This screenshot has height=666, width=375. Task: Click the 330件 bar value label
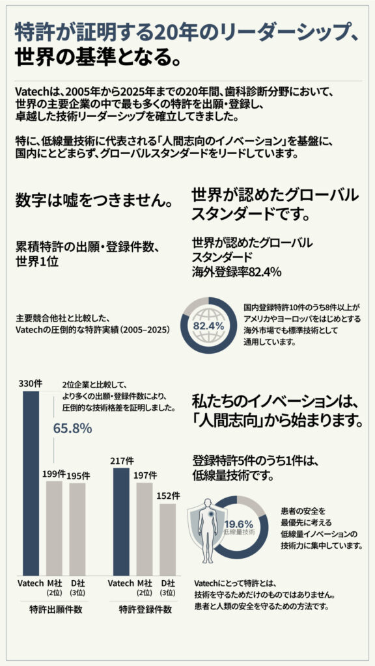click(31, 383)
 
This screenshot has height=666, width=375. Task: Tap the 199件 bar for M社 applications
click(55, 527)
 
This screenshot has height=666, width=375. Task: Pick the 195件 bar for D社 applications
click(77, 527)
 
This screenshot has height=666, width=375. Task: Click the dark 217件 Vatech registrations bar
click(121, 520)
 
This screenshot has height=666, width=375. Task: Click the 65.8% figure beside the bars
click(72, 429)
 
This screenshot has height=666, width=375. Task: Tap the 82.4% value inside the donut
click(210, 325)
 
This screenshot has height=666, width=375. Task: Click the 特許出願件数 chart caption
click(55, 610)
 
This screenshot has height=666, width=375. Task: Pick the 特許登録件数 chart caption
click(145, 610)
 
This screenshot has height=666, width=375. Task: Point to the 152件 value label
click(168, 496)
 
